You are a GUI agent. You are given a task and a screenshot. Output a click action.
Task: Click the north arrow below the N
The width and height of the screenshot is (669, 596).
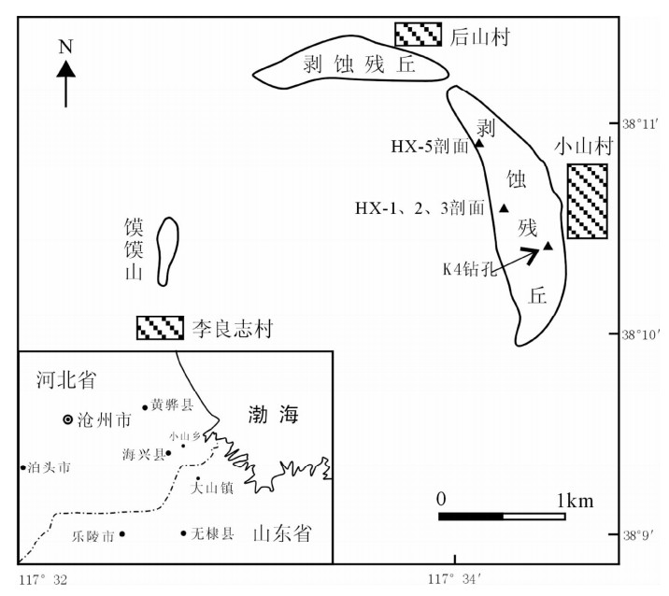(x=65, y=84)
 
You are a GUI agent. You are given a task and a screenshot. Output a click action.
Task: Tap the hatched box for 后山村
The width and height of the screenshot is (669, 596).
(x=417, y=34)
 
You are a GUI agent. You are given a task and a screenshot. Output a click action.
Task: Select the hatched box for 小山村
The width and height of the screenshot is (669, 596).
(x=587, y=201)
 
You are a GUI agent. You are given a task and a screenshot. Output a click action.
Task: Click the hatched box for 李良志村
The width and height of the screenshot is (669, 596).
(x=161, y=327)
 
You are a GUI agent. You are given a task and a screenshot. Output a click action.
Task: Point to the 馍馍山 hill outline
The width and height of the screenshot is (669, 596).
(x=166, y=250)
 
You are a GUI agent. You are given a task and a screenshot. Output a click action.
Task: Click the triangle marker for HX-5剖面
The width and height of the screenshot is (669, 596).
(x=479, y=143)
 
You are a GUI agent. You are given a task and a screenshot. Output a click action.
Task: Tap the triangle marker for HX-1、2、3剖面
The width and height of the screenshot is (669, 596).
(x=504, y=208)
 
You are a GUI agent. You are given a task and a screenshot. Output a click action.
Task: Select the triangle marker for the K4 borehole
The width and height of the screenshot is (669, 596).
(x=548, y=246)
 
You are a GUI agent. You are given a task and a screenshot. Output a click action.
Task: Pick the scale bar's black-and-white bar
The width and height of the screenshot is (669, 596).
(x=502, y=516)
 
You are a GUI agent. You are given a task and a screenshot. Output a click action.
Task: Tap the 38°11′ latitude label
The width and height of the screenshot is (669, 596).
(x=643, y=121)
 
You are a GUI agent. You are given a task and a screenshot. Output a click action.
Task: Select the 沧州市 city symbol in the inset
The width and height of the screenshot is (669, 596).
(x=66, y=420)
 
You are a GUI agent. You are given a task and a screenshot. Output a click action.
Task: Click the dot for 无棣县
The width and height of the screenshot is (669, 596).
(x=183, y=533)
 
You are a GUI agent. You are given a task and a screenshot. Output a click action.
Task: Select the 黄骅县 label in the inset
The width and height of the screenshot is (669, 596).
(x=173, y=406)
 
